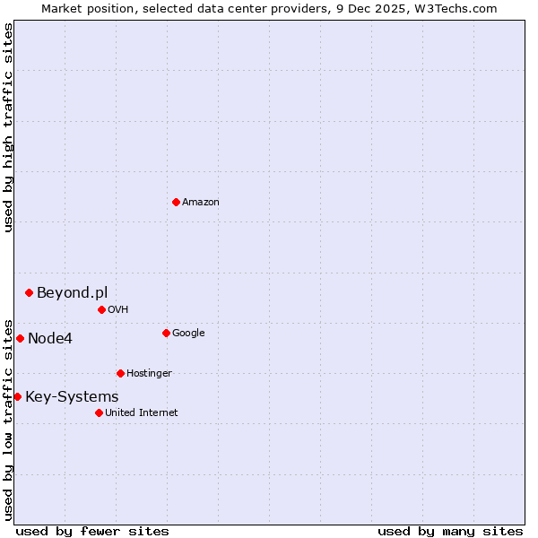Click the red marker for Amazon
click(x=176, y=202)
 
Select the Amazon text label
click(x=201, y=203)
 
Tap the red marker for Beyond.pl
click(x=30, y=292)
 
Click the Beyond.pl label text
click(x=72, y=292)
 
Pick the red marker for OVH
click(x=101, y=309)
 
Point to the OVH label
click(x=118, y=310)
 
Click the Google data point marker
click(x=166, y=333)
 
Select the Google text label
click(x=188, y=334)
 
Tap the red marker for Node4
click(x=20, y=338)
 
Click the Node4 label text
click(x=50, y=338)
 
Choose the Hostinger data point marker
click(x=120, y=373)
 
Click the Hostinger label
click(x=149, y=374)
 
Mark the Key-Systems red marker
click(x=17, y=396)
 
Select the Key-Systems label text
click(x=72, y=396)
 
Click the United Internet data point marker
click(x=99, y=412)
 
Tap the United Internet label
click(x=141, y=413)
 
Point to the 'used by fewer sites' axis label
click(x=92, y=531)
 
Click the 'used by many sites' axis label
click(x=450, y=531)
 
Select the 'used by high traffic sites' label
click(x=8, y=127)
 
